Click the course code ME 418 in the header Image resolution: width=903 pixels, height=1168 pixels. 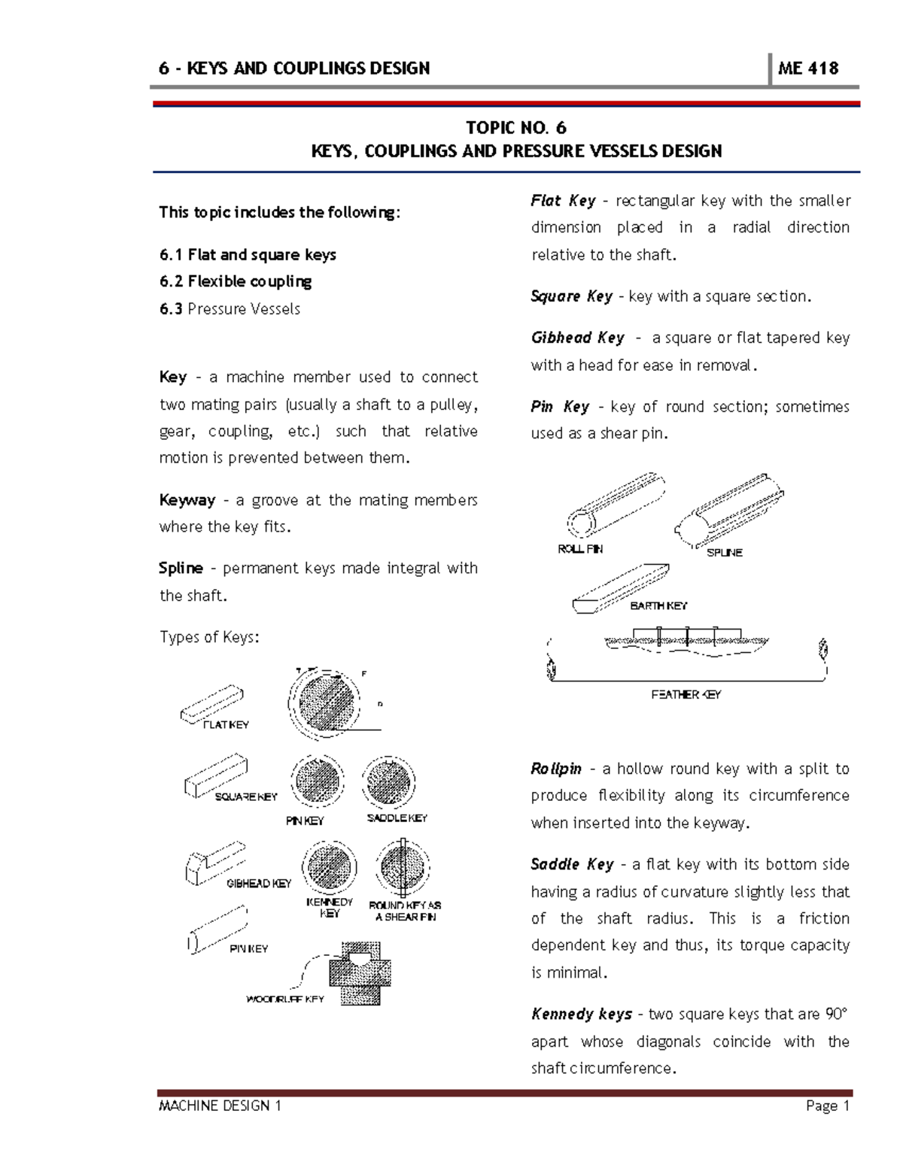click(x=807, y=68)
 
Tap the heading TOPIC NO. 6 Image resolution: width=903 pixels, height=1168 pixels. click(x=515, y=127)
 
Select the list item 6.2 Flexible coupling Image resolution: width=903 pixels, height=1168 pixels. click(x=235, y=281)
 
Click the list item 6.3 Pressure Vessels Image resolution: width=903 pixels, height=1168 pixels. click(x=230, y=308)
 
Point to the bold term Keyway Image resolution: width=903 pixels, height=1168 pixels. click(x=187, y=500)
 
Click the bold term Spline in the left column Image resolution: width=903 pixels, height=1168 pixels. click(x=181, y=568)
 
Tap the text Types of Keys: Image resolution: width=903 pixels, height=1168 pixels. click(x=208, y=637)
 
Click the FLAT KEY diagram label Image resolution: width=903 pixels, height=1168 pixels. click(x=226, y=724)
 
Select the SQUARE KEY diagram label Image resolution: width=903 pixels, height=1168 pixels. click(x=246, y=796)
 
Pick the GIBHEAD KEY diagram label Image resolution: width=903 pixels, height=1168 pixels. click(x=258, y=883)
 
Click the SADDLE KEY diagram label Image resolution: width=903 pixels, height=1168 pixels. click(x=397, y=818)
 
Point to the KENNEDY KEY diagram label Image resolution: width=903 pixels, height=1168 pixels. click(x=329, y=907)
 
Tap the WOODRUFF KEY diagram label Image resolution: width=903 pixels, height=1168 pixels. click(x=285, y=999)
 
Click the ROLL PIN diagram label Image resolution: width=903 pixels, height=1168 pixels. click(x=579, y=549)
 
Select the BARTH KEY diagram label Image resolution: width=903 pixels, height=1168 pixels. click(x=658, y=605)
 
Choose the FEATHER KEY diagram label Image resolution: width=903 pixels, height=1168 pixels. click(x=686, y=694)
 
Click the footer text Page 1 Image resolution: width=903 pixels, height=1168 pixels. click(x=827, y=1106)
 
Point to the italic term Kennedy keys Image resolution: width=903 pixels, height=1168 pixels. click(x=581, y=1014)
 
